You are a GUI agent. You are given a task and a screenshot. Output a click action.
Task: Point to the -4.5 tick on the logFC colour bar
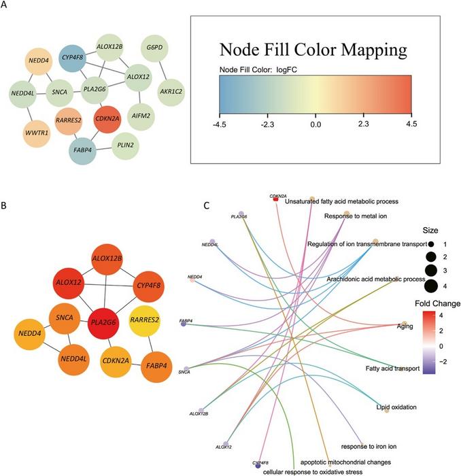[x=219, y=124]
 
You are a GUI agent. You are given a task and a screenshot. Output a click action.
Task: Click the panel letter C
[x=207, y=205]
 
